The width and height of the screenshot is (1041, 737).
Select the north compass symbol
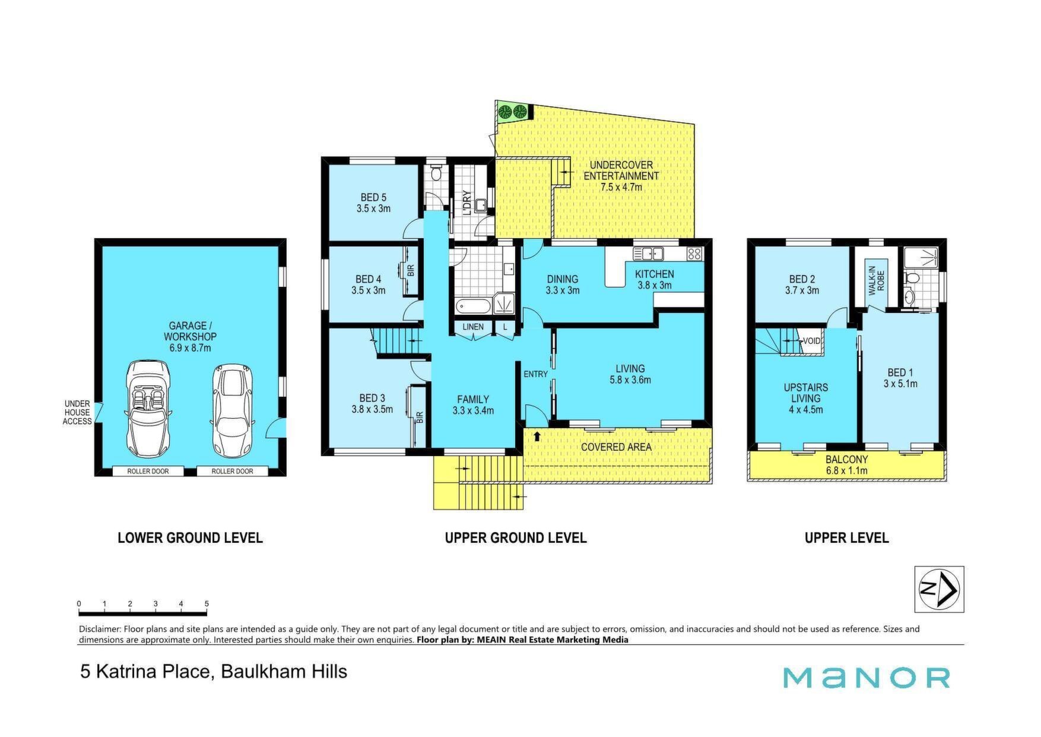pyautogui.click(x=939, y=589)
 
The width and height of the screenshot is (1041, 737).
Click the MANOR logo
pyautogui.click(x=867, y=678)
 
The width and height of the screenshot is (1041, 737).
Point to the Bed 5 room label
pyautogui.click(x=373, y=203)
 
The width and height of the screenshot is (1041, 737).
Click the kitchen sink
pyautogui.click(x=648, y=254)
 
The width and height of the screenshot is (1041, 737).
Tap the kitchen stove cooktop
pyautogui.click(x=694, y=254)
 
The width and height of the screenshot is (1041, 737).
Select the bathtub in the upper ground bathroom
pyautogui.click(x=473, y=306)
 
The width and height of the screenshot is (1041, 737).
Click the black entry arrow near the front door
pyautogui.click(x=537, y=436)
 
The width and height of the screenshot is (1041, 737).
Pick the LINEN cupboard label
pyautogui.click(x=473, y=327)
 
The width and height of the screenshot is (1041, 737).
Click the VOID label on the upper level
pyautogui.click(x=811, y=341)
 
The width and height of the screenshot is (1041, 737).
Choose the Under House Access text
pyautogui.click(x=77, y=413)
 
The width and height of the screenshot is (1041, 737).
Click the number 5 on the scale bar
pyautogui.click(x=207, y=604)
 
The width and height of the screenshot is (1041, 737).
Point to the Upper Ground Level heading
pyautogui.click(x=516, y=538)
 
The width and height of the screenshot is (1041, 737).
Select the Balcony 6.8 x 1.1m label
pyautogui.click(x=846, y=465)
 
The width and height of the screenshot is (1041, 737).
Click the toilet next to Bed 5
pyautogui.click(x=436, y=173)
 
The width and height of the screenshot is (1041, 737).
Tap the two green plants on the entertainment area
pyautogui.click(x=513, y=111)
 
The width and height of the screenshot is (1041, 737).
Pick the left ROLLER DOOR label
pyautogui.click(x=148, y=472)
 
